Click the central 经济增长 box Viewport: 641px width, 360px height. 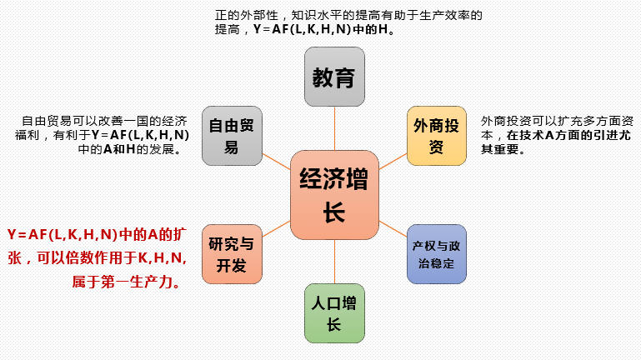click(x=333, y=192)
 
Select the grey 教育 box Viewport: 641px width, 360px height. click(x=334, y=77)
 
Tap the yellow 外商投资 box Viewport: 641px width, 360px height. click(x=436, y=136)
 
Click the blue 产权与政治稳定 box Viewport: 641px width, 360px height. click(x=436, y=254)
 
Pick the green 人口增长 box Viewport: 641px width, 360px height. click(x=334, y=313)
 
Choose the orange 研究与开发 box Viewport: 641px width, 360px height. click(x=232, y=254)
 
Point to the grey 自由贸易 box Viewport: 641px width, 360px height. click(x=232, y=136)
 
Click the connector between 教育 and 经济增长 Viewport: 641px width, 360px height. click(x=334, y=129)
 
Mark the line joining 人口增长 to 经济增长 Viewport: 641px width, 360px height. click(x=334, y=260)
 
